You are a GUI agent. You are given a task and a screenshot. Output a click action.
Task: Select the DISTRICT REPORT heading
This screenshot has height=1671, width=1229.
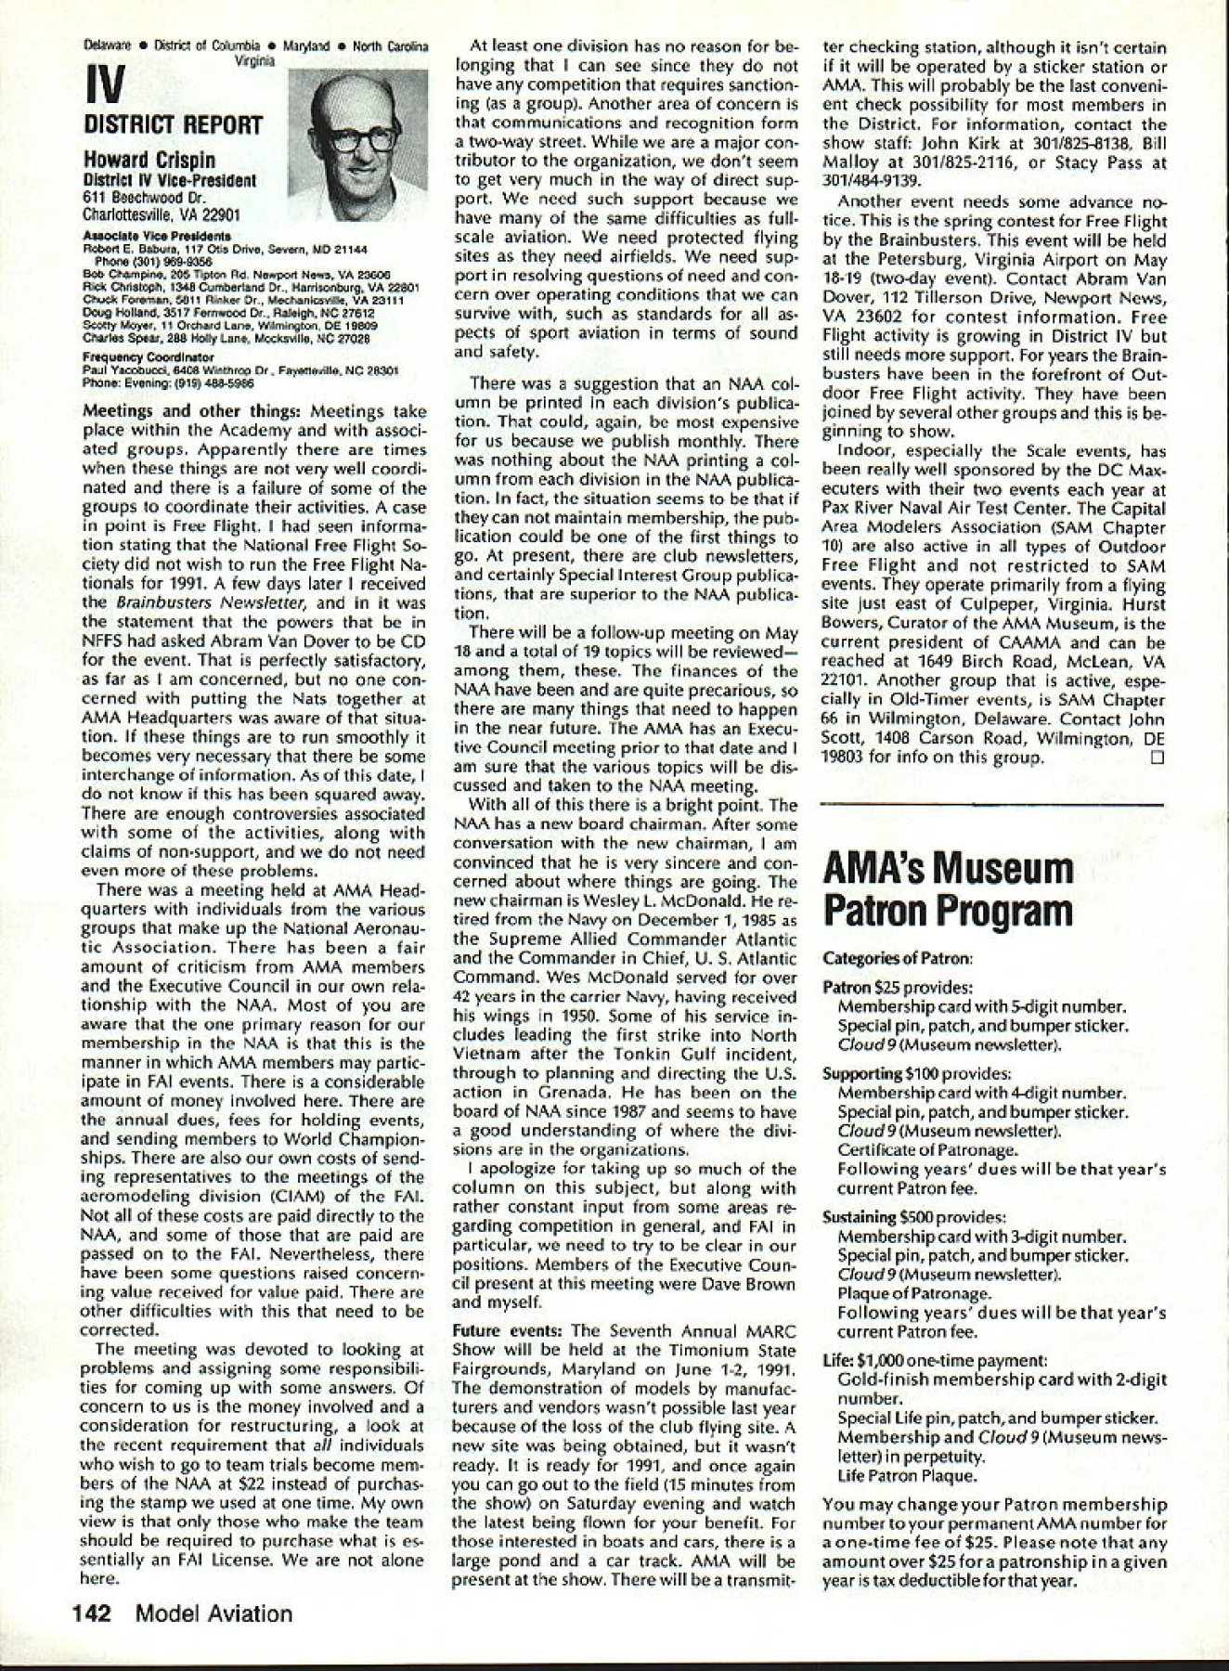click(173, 125)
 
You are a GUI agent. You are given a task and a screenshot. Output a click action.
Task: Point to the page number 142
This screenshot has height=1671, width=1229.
click(93, 1613)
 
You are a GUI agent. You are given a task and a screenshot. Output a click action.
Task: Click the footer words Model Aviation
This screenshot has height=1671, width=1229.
click(213, 1613)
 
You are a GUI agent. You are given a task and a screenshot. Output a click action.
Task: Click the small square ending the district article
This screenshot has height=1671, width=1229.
click(1156, 757)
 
